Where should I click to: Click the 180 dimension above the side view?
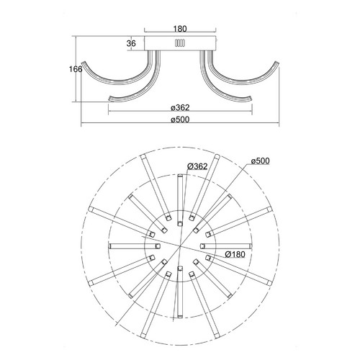180,29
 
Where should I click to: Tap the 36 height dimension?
131,43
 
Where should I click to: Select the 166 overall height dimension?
76,69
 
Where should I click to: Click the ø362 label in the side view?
180,107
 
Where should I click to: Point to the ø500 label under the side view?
180,120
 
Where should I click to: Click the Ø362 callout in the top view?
197,166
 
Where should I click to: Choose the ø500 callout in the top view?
261,161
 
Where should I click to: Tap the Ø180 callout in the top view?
235,254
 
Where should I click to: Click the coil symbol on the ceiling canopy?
180,43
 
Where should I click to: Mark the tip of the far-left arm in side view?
83,63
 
